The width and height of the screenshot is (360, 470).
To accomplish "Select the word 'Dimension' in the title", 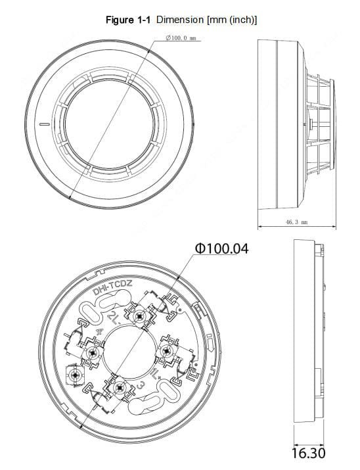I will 180,20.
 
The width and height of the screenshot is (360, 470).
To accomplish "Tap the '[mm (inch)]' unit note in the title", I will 231,20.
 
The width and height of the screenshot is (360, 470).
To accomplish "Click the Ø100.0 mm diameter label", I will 181,39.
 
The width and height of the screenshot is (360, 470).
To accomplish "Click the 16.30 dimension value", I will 308,453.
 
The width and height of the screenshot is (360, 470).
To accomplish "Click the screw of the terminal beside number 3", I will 119,387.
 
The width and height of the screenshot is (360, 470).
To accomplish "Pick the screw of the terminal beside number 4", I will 91,352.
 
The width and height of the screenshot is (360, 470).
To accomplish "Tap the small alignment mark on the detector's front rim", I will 41,123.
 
